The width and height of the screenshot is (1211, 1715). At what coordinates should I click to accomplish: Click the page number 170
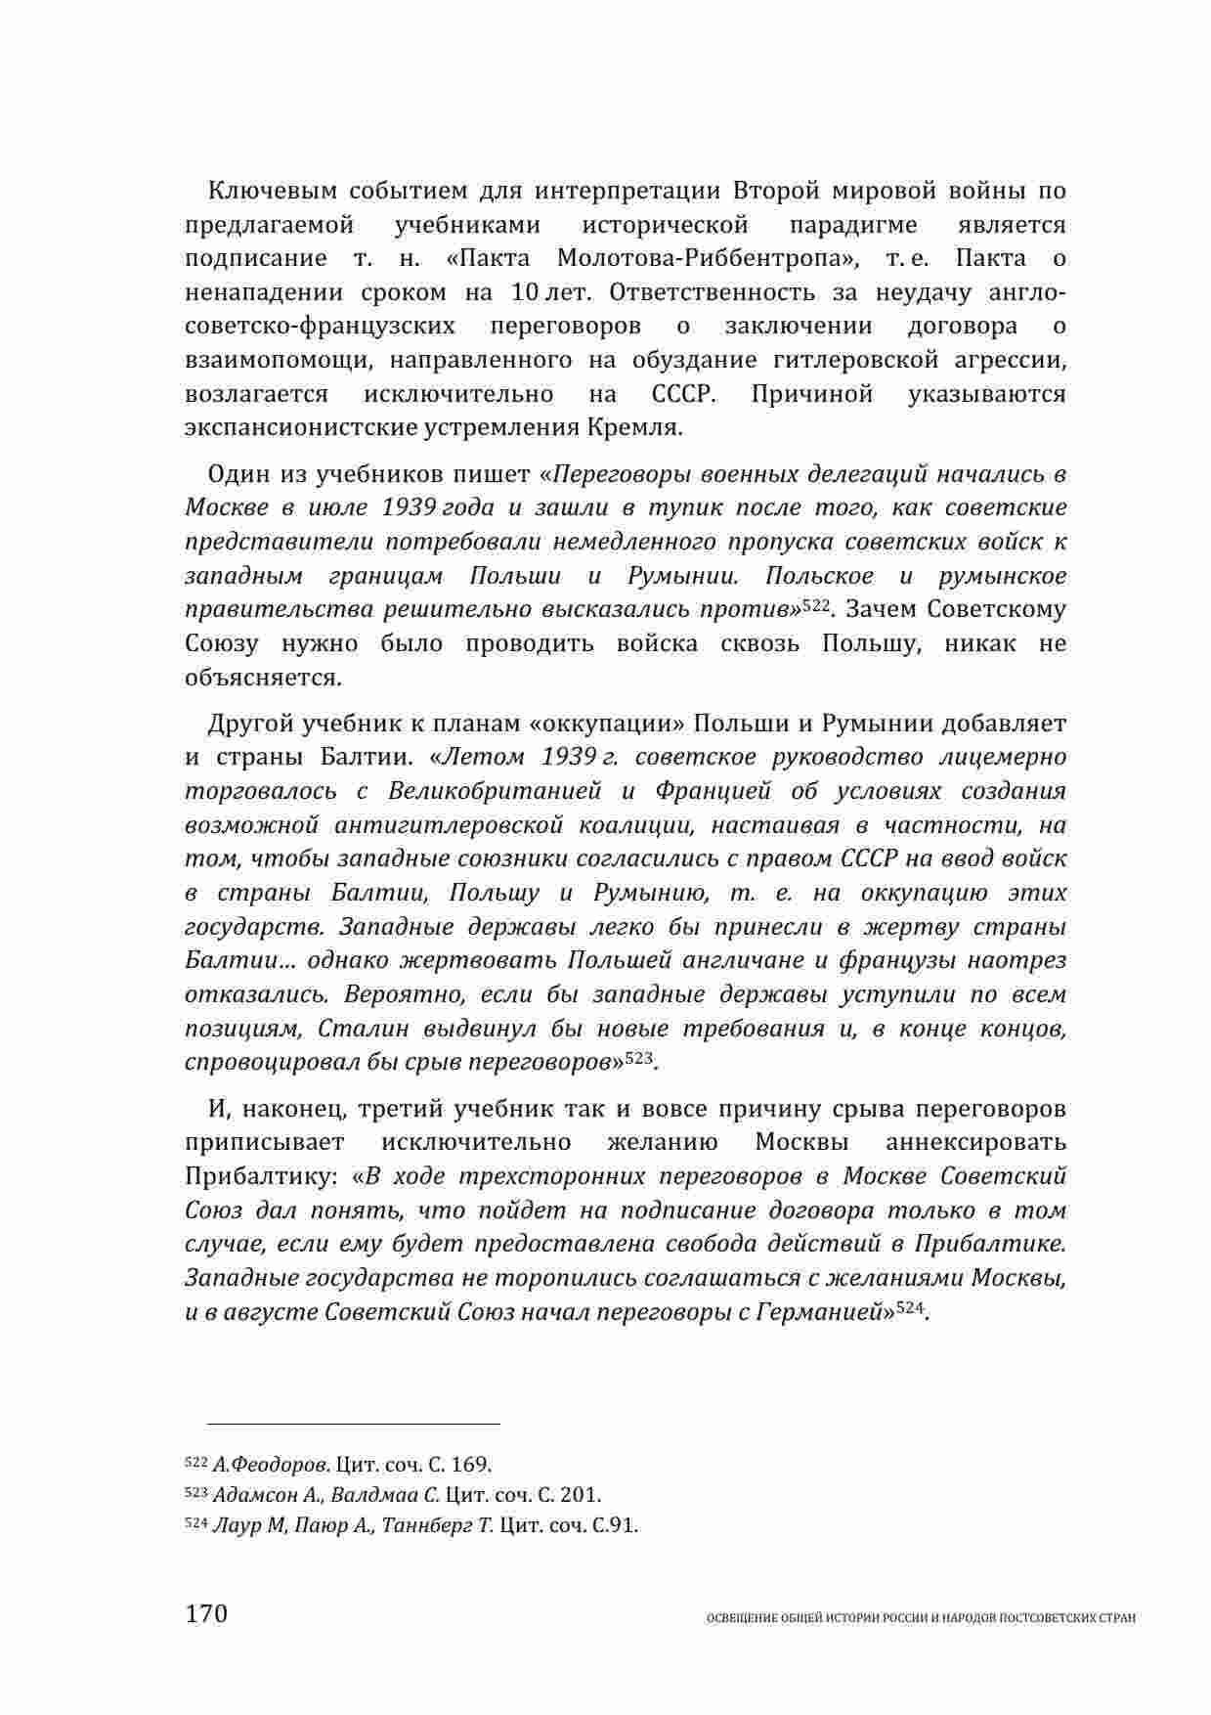[205, 1612]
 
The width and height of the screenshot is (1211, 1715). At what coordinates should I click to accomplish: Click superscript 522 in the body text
[815, 605]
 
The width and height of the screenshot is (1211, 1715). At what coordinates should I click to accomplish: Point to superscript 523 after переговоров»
[637, 1057]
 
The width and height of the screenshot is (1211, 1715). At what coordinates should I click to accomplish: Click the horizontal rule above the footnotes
[342, 1425]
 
